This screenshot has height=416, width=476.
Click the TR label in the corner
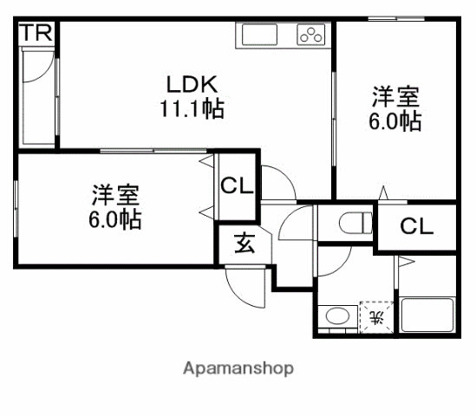pyautogui.click(x=36, y=33)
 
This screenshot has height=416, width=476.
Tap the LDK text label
pyautogui.click(x=192, y=84)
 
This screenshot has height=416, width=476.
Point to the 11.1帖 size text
pyautogui.click(x=192, y=108)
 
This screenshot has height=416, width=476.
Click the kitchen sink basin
pyautogui.click(x=259, y=35)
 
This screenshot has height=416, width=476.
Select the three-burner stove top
pyautogui.click(x=311, y=35)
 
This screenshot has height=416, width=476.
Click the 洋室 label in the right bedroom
pyautogui.click(x=395, y=97)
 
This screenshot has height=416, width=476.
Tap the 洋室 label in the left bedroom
pyautogui.click(x=115, y=195)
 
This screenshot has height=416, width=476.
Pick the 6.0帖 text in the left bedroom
pyautogui.click(x=115, y=219)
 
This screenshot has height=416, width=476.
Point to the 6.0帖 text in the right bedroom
pyautogui.click(x=395, y=121)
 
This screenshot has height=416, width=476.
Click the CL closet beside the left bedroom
pyautogui.click(x=237, y=185)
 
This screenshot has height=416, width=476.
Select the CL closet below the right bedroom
pyautogui.click(x=416, y=226)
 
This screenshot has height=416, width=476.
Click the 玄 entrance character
pyautogui.click(x=245, y=244)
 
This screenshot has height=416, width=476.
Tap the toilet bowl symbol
pyautogui.click(x=355, y=223)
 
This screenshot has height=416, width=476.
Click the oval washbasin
pyautogui.click(x=337, y=315)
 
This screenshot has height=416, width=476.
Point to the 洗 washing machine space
pyautogui.click(x=376, y=318)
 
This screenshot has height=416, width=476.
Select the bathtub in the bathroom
pyautogui.click(x=427, y=315)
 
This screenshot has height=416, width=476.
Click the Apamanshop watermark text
pyautogui.click(x=238, y=368)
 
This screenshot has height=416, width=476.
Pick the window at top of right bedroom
pyautogui.click(x=396, y=19)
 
